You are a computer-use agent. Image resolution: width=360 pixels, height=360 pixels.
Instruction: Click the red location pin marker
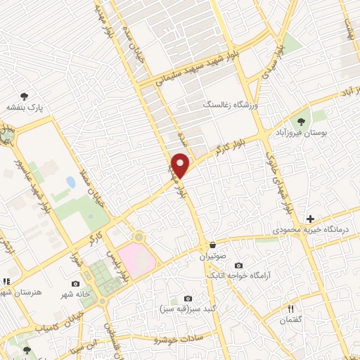pos(181,165)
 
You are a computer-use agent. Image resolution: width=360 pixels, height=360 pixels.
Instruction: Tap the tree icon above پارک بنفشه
pos(25,96)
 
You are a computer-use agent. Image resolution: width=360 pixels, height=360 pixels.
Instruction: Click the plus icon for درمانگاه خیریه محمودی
pos(310,219)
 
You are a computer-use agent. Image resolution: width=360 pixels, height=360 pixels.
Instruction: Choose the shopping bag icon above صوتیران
pos(212,245)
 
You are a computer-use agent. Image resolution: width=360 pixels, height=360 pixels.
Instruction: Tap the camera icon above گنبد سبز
pos(187,298)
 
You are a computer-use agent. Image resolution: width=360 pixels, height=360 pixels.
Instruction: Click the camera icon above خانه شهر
pos(76,283)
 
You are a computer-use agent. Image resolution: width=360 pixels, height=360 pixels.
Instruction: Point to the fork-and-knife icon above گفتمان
pos(290,309)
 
